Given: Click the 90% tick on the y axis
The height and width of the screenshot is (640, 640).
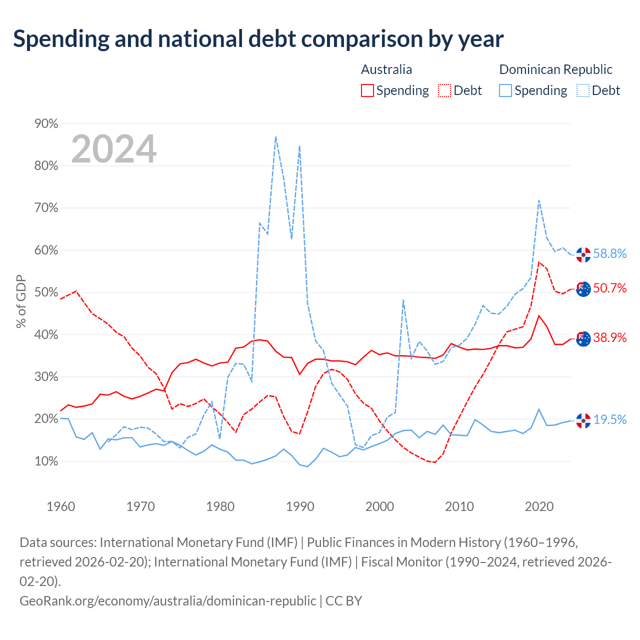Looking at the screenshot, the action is (x=46, y=123).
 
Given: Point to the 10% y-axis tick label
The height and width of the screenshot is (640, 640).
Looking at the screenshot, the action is (x=46, y=461).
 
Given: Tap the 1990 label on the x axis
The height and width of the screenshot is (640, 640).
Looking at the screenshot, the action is (x=300, y=506).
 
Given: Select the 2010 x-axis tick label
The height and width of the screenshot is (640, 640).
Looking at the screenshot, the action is (x=459, y=506).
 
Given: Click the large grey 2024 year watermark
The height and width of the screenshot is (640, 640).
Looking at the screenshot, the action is (x=114, y=148).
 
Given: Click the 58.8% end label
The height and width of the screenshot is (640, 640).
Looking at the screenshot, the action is (x=610, y=253).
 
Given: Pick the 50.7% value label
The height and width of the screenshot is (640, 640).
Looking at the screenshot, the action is (x=610, y=288).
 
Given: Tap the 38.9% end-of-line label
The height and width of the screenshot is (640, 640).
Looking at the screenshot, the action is (x=610, y=337).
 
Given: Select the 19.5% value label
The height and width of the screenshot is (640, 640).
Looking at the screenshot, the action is (x=610, y=419).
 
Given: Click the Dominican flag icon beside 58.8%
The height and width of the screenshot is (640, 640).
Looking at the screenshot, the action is (x=583, y=254).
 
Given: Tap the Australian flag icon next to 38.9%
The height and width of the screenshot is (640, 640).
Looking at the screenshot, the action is (x=583, y=339).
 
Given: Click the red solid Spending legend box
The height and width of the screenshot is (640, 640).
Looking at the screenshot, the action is (x=367, y=90).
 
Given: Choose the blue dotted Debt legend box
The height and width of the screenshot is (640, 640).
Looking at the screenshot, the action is (x=583, y=90).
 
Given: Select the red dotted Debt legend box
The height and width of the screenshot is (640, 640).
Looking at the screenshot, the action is (x=444, y=90).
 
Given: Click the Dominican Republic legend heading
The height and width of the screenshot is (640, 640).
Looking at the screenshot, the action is (x=555, y=69).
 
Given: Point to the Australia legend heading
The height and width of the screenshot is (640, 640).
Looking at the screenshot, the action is (x=386, y=69).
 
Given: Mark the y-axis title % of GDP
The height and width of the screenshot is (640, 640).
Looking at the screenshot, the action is (x=21, y=301).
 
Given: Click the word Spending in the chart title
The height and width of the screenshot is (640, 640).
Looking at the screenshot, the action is (x=61, y=39).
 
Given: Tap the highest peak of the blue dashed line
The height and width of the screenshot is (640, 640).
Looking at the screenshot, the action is (x=275, y=136).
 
